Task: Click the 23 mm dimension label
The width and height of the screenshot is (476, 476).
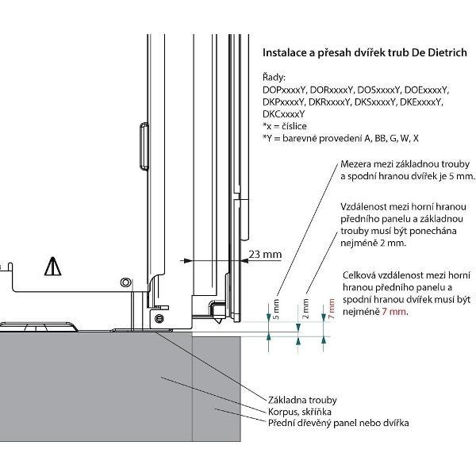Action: pos(266,254)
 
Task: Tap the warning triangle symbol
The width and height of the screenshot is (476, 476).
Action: pos(52,265)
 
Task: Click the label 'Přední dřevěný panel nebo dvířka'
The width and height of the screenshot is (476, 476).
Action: pos(337,423)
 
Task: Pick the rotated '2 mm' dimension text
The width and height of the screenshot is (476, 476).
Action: pos(306,305)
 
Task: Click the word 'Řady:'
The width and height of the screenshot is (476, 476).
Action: pos(274,78)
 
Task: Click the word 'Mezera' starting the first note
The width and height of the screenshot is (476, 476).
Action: pos(355,163)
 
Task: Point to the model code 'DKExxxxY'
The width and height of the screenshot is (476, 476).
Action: pos(420,102)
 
